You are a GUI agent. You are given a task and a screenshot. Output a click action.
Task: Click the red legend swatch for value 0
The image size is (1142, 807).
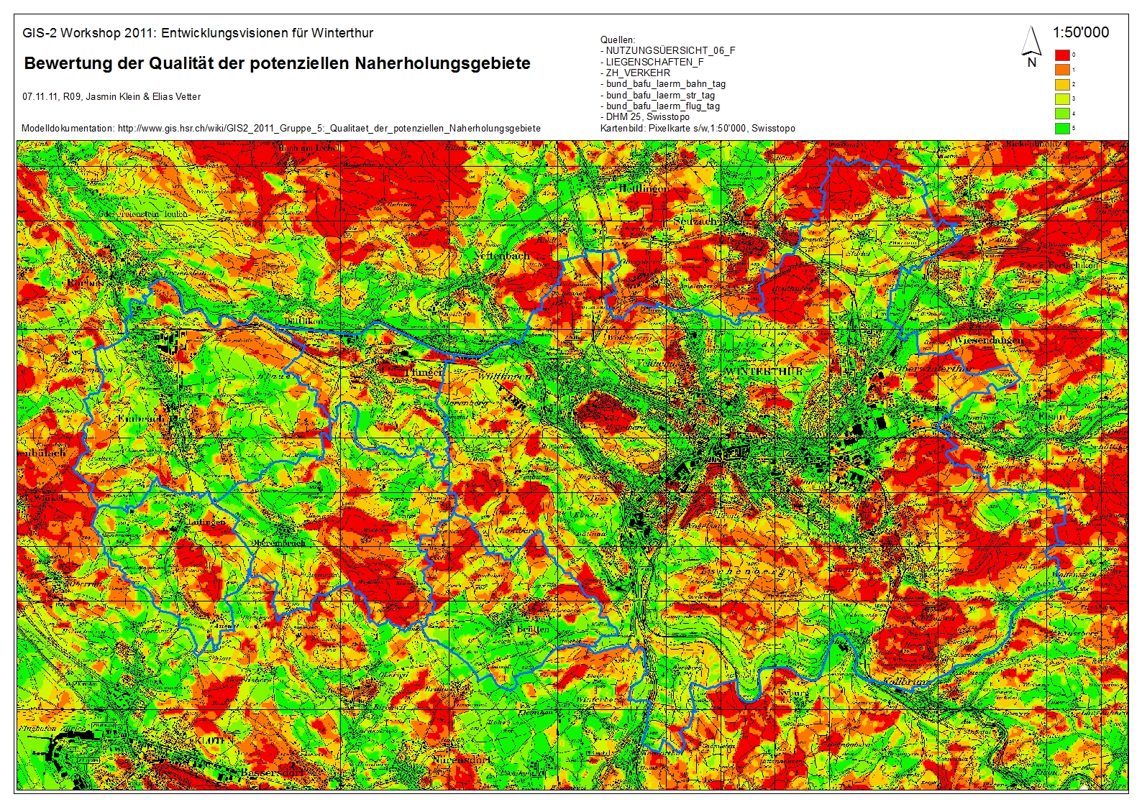pos(1061,55)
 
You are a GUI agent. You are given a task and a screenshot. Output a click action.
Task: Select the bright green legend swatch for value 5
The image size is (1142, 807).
pos(1061,129)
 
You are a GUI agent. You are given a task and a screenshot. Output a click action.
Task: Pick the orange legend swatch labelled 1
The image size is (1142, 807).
pos(1061,70)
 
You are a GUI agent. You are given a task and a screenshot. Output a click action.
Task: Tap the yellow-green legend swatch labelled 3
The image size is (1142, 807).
pos(1061,99)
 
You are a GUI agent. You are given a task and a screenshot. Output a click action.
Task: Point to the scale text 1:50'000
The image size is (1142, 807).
pos(1080,32)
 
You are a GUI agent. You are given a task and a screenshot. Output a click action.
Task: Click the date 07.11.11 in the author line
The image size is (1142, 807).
pos(40,96)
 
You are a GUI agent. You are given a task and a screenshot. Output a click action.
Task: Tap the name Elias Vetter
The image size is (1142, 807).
pos(176,96)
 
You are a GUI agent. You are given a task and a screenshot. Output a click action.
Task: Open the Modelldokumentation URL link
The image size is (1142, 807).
pos(329,128)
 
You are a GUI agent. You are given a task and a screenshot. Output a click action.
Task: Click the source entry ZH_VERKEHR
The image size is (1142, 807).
pos(637,73)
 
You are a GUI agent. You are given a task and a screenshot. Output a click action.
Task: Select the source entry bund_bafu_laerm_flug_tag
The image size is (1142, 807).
pos(662,106)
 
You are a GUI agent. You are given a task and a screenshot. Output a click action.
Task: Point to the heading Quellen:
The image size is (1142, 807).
pos(618,40)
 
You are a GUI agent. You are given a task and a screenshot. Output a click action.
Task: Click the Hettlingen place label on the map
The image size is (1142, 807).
pos(642,188)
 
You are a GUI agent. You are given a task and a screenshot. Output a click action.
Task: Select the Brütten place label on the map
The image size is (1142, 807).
pos(533,629)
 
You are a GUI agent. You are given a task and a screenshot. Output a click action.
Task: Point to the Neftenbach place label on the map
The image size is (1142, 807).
pos(502,255)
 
